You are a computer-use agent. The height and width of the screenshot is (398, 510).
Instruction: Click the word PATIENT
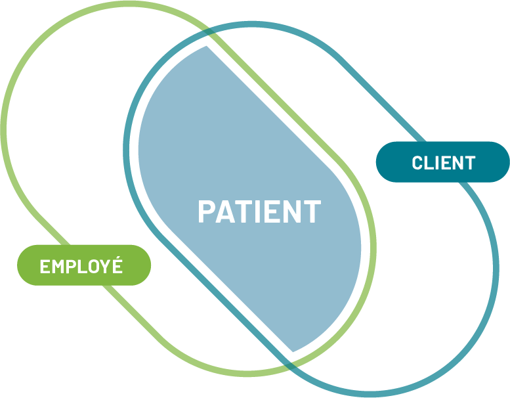[259, 211]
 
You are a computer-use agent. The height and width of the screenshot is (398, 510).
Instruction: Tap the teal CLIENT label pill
[442, 162]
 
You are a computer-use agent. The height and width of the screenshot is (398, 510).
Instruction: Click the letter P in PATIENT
[207, 211]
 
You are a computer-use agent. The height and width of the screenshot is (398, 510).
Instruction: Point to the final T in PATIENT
[312, 211]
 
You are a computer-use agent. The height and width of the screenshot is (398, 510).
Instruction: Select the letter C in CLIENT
[417, 163]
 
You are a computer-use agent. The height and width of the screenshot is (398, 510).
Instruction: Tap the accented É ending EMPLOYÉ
[117, 266]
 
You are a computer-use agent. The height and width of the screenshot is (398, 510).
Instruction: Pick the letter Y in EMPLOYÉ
[106, 267]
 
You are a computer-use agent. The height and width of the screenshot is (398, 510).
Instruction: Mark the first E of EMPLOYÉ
[45, 267]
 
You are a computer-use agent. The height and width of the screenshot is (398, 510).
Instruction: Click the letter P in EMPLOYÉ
[72, 267]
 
